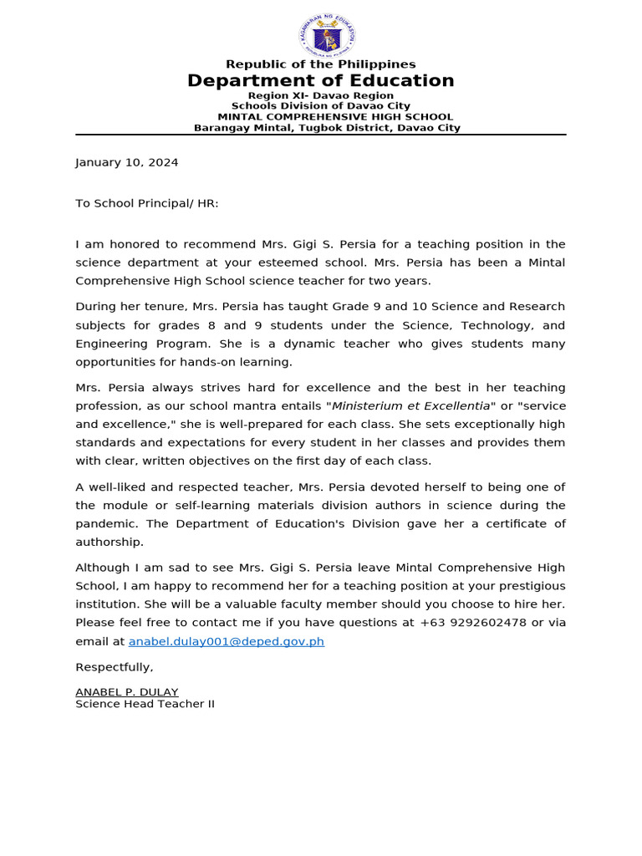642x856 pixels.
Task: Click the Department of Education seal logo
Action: coord(327,36)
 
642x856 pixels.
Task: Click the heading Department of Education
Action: coord(320,80)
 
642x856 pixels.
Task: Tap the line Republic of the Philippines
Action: coord(320,64)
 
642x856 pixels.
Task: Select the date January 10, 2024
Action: coord(126,162)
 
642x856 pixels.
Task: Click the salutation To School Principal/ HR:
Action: coord(147,203)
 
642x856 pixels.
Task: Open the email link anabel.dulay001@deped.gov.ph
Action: coord(226,641)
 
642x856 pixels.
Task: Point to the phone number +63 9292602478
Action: coord(473,622)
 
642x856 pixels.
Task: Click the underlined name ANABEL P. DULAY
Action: coord(126,692)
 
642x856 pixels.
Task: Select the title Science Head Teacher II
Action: coord(145,704)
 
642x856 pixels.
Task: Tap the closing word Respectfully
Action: coord(115,667)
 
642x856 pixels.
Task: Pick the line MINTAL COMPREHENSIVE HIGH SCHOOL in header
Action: coord(335,117)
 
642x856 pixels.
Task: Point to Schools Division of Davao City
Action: coord(321,106)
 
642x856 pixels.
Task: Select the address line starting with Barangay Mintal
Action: coord(327,128)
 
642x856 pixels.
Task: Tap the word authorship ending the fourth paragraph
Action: coord(110,542)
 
